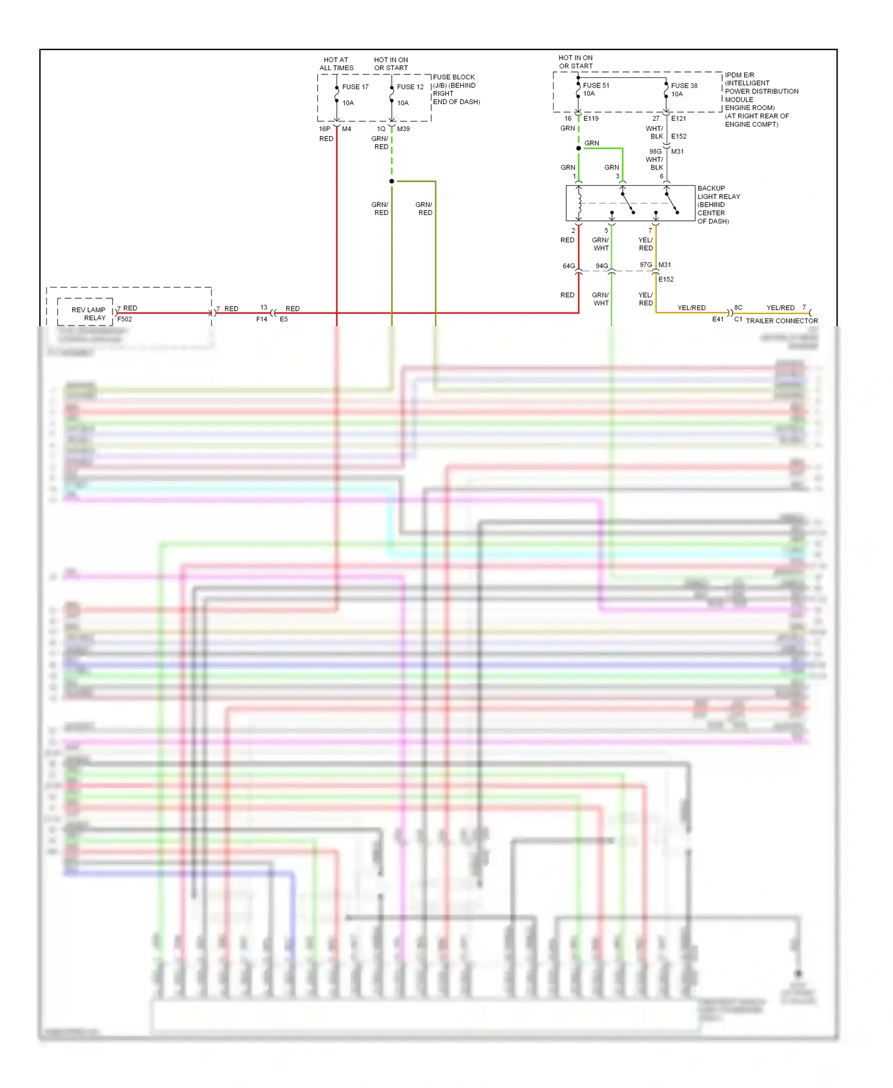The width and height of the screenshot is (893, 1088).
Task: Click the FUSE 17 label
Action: coord(355,87)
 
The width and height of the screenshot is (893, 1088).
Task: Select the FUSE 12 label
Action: coord(410,87)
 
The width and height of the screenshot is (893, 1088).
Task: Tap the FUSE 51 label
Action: coord(596,86)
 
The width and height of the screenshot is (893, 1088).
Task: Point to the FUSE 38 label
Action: coord(684,86)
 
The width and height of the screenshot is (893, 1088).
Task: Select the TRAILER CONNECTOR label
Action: coord(782,321)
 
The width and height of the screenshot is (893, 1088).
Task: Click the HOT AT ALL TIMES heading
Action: coord(336,64)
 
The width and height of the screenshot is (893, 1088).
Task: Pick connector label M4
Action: coord(346,129)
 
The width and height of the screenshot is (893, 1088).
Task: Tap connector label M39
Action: coord(403,129)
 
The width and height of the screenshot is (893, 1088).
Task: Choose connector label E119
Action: coord(591,118)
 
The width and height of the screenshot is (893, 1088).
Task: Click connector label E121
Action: coord(679,118)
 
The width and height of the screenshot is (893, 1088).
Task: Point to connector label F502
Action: coord(124,319)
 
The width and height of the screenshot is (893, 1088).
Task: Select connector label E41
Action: coord(718,320)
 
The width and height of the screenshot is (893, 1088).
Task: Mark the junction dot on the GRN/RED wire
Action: coord(392,181)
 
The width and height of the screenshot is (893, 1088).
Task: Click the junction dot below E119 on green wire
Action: coord(578,148)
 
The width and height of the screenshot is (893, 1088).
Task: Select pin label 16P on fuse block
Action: coord(324,129)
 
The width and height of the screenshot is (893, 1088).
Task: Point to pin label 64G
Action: coord(569,266)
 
